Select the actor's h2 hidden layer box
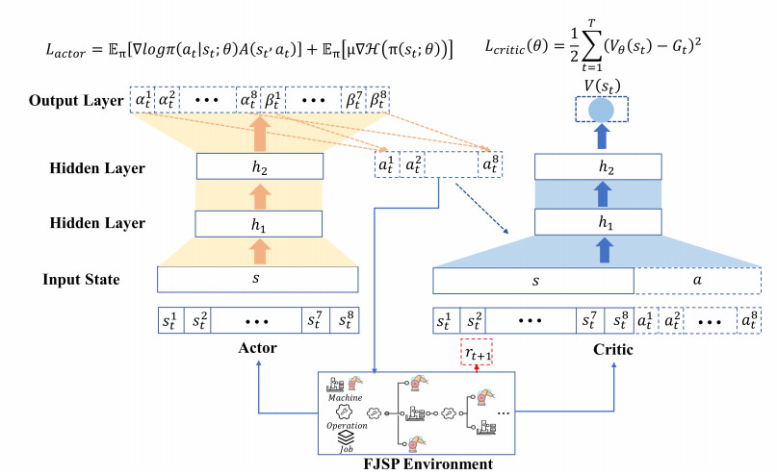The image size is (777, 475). tap(258, 167)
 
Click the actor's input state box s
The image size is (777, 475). tap(257, 281)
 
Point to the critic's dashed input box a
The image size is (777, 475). tap(697, 281)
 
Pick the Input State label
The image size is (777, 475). tap(81, 280)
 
